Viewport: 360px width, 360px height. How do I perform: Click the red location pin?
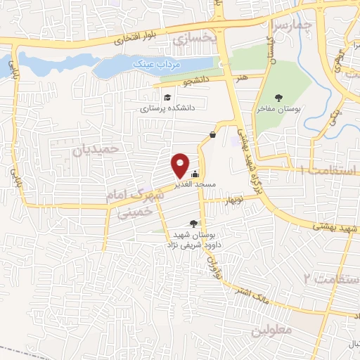click(180, 165)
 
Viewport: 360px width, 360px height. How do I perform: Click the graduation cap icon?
click(167, 98)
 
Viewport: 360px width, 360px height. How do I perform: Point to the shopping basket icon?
click(212, 134)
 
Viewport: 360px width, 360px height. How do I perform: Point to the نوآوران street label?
click(210, 265)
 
